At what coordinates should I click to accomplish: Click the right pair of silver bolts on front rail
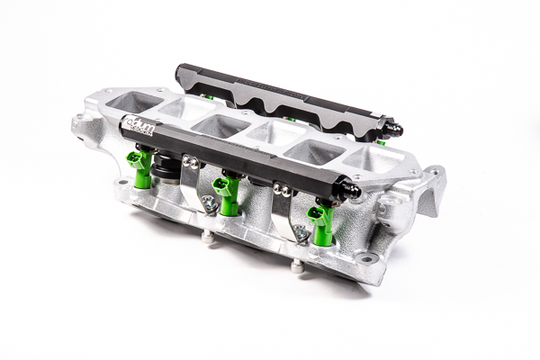click(x=282, y=190)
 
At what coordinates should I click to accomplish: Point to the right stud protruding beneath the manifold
click(x=297, y=265)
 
